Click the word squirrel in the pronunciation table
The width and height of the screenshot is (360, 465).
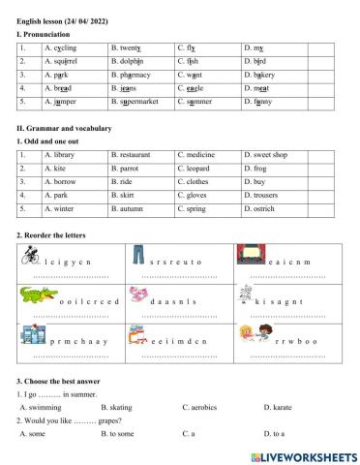click(x=64, y=60)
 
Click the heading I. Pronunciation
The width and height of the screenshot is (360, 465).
click(x=44, y=34)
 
